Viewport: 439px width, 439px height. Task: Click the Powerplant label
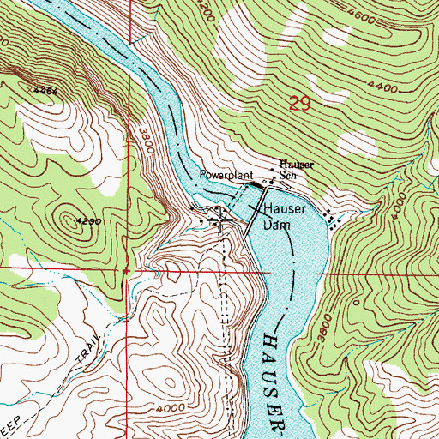coord(223,175)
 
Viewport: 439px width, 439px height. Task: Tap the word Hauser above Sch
coord(298,164)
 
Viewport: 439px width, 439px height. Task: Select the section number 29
coord(298,105)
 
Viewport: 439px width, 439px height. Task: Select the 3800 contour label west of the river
coord(142,141)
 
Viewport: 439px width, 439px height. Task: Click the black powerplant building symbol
coord(254,184)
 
